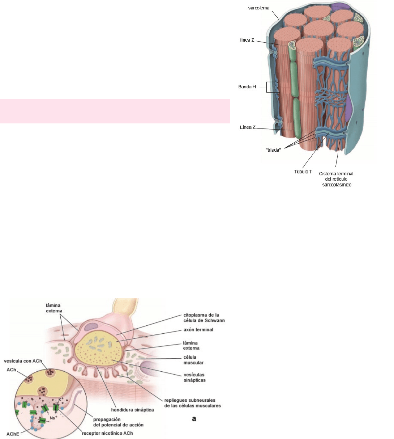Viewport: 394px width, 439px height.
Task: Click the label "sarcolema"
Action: [259, 8]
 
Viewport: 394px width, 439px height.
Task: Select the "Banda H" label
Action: [247, 87]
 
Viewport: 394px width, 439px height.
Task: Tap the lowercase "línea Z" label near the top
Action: [247, 40]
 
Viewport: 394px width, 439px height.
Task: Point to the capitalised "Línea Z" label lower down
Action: [248, 127]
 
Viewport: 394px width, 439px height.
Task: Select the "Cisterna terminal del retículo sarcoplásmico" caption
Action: [336, 179]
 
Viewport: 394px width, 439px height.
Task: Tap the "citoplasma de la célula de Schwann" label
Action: [204, 318]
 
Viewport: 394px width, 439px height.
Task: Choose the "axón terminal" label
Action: [198, 330]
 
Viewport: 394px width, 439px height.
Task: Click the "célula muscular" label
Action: [193, 360]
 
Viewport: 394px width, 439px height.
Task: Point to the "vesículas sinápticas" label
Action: [194, 377]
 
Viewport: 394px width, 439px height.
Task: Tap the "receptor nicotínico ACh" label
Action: [107, 433]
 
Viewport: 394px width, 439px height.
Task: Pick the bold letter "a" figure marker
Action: [194, 419]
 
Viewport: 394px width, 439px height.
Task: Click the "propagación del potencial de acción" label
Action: [119, 422]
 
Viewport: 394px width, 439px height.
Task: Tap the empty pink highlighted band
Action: [115, 111]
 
